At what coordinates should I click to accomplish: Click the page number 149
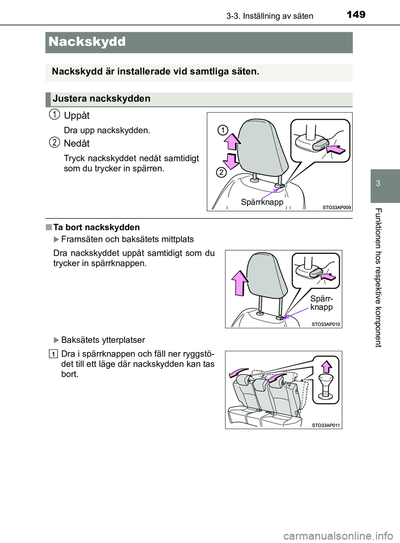pos(356,15)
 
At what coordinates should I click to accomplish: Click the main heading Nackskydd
pos(87,42)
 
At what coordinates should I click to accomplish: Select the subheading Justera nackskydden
pos(101,99)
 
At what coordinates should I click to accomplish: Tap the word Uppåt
pos(77,116)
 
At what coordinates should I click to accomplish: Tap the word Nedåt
pos(77,143)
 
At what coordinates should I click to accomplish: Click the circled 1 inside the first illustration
pos(223,130)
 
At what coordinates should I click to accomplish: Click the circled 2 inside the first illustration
pos(221,172)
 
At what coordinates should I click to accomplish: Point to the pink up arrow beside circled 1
pos(232,141)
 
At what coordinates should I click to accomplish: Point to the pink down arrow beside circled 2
pos(231,161)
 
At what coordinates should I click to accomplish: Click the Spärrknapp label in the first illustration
pos(262,202)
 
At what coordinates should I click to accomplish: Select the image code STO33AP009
pos(336,207)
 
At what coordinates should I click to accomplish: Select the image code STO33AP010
pos(325,324)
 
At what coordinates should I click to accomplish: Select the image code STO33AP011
pos(325,425)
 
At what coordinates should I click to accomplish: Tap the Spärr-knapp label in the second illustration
pos(322,303)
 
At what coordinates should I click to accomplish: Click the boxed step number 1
pos(53,354)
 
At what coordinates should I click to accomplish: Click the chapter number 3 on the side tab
pos(378,184)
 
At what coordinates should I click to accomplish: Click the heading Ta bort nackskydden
pos(96,227)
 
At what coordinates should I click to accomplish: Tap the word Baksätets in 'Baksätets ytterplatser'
pos(79,340)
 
